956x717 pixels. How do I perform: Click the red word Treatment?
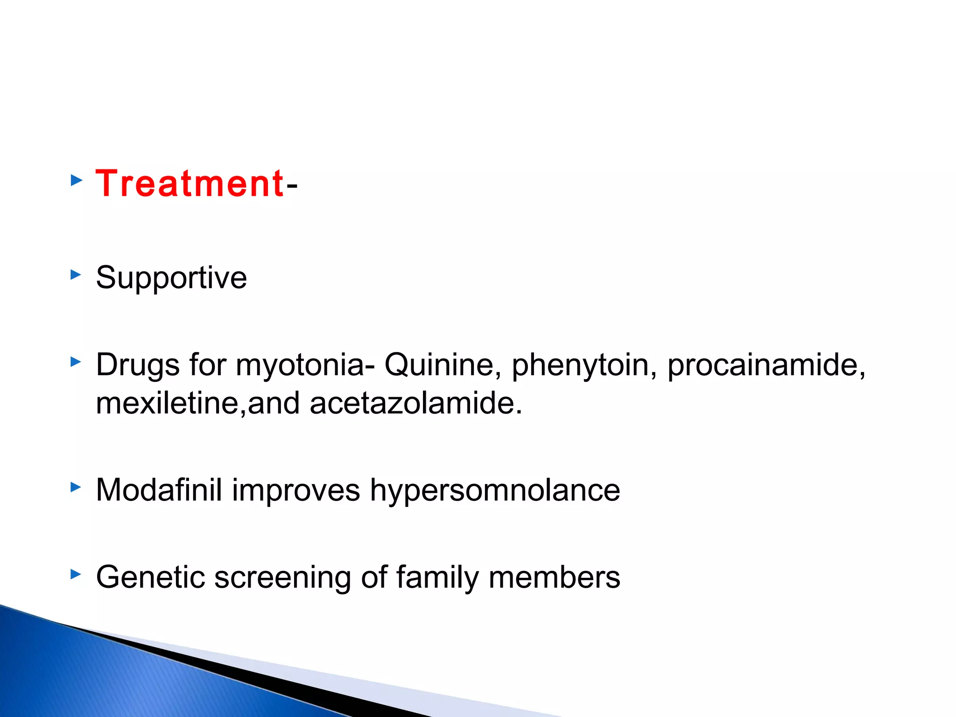(190, 184)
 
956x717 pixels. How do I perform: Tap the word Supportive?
(171, 278)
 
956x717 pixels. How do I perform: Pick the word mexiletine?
(168, 403)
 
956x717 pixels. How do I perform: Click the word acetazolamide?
(415, 403)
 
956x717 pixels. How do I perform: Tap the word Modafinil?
(159, 490)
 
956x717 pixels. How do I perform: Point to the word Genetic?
(150, 577)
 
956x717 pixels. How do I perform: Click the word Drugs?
(138, 366)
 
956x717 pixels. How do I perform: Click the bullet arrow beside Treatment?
(76, 181)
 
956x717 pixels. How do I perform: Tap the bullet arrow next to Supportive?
(76, 274)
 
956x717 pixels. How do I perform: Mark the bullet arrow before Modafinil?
(76, 488)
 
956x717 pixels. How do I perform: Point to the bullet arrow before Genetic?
(76, 575)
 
